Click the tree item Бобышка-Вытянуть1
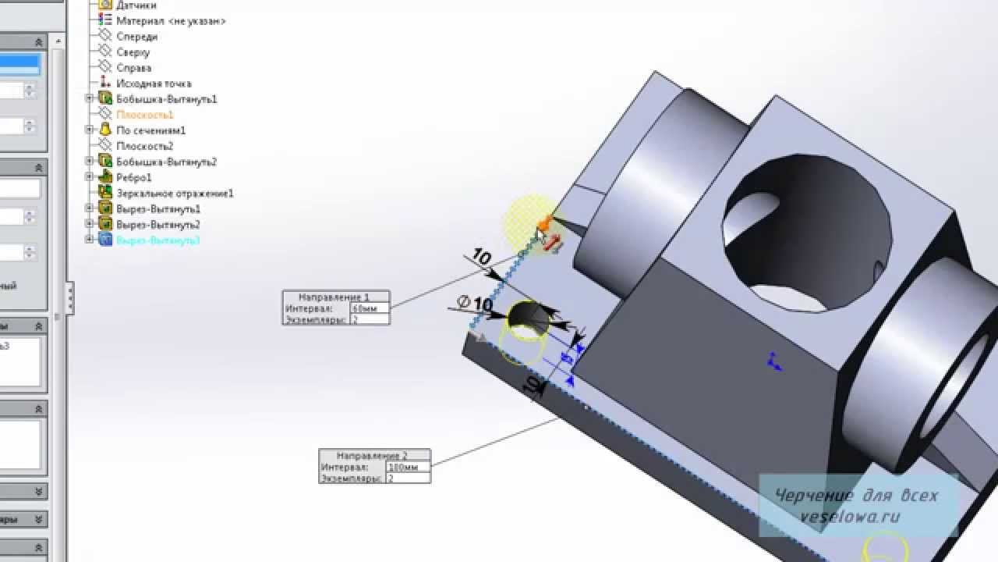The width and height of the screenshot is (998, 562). click(x=165, y=99)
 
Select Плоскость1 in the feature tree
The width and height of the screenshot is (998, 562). click(x=144, y=115)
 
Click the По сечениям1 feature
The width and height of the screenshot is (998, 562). click(x=150, y=130)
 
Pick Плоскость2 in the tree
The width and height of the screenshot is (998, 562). click(x=144, y=146)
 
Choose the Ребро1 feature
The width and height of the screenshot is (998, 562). click(x=133, y=177)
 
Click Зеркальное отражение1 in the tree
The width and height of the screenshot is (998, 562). click(x=174, y=193)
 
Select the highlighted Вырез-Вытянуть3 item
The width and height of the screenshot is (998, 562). click(x=157, y=240)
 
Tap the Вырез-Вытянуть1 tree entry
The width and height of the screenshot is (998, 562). click(x=157, y=208)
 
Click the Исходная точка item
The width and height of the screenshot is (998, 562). click(x=153, y=84)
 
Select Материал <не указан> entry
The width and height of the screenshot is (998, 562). click(x=170, y=21)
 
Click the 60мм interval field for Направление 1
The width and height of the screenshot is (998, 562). click(x=369, y=309)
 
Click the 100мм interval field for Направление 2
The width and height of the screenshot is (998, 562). click(x=407, y=468)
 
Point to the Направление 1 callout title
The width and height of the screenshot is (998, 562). click(x=336, y=297)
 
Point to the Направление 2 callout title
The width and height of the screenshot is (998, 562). click(x=374, y=455)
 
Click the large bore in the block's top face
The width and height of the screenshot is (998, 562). click(x=807, y=234)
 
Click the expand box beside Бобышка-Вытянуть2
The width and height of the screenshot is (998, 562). click(x=89, y=162)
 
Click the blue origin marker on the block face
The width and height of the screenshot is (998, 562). click(x=773, y=361)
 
